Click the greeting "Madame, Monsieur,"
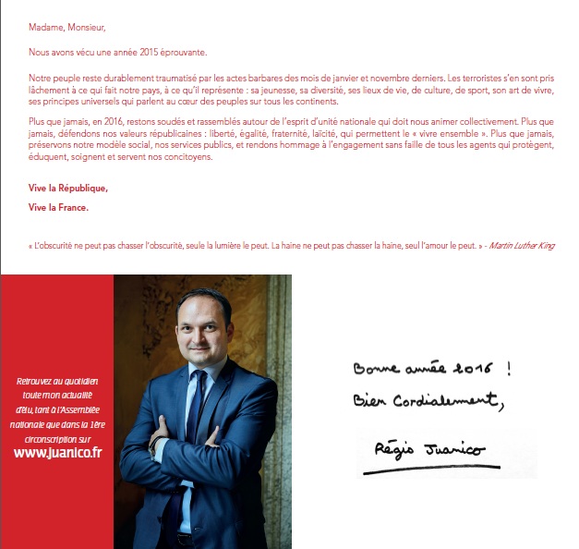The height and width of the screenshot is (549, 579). (x=62, y=27)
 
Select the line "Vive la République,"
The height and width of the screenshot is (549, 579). (x=68, y=189)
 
